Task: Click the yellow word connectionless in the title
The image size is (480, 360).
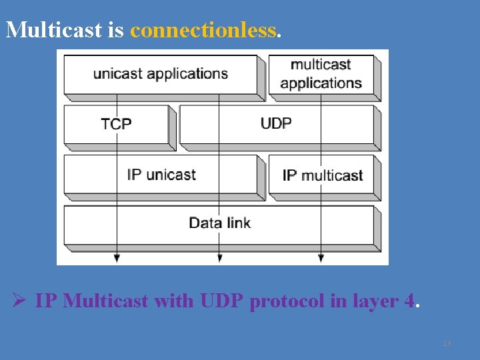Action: [203, 30]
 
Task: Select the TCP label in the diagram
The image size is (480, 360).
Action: [116, 124]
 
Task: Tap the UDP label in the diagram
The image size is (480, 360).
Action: [276, 123]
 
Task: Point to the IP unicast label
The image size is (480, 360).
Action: [161, 175]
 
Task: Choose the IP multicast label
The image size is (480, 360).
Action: [323, 175]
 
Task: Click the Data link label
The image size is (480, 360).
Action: [219, 223]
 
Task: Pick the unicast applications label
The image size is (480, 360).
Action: [161, 73]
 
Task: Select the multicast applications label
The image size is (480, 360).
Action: [321, 73]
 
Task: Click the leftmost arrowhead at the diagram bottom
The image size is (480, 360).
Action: [117, 257]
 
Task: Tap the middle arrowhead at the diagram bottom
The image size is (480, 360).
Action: [219, 257]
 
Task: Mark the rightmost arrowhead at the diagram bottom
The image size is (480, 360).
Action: [321, 257]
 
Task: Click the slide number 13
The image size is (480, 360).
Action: [447, 343]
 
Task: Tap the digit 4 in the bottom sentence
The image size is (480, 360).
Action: [409, 301]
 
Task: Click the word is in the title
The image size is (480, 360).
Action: [115, 30]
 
